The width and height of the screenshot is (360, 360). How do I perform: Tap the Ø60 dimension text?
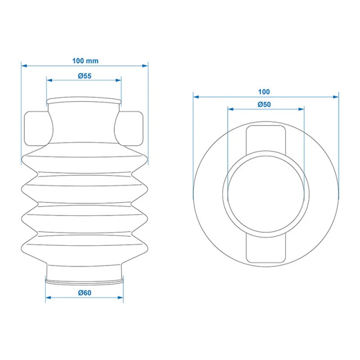point(84,292)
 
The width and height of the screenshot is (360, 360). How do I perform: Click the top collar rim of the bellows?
point(84,101)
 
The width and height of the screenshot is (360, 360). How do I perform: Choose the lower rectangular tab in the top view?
point(265,247)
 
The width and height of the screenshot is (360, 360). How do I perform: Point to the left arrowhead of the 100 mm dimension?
point(24,65)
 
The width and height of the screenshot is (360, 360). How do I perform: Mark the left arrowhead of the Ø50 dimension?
point(229,110)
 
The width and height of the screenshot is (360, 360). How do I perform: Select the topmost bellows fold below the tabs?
point(84,160)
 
